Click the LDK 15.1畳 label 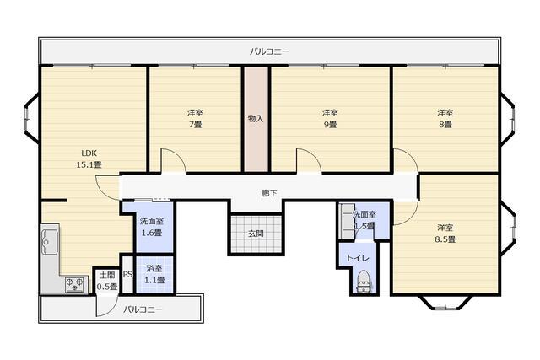89,158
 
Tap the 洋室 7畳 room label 194,118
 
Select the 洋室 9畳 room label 329,118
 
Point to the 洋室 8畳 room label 445,118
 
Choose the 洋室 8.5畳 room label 445,234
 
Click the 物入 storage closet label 256,118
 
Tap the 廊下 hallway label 269,193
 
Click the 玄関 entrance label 256,233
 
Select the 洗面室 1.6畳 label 152,226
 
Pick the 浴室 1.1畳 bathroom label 154,274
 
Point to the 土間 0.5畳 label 106,280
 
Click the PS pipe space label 127,275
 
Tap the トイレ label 354,259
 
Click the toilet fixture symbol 364,280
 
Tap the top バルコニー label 269,51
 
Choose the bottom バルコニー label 143,309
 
